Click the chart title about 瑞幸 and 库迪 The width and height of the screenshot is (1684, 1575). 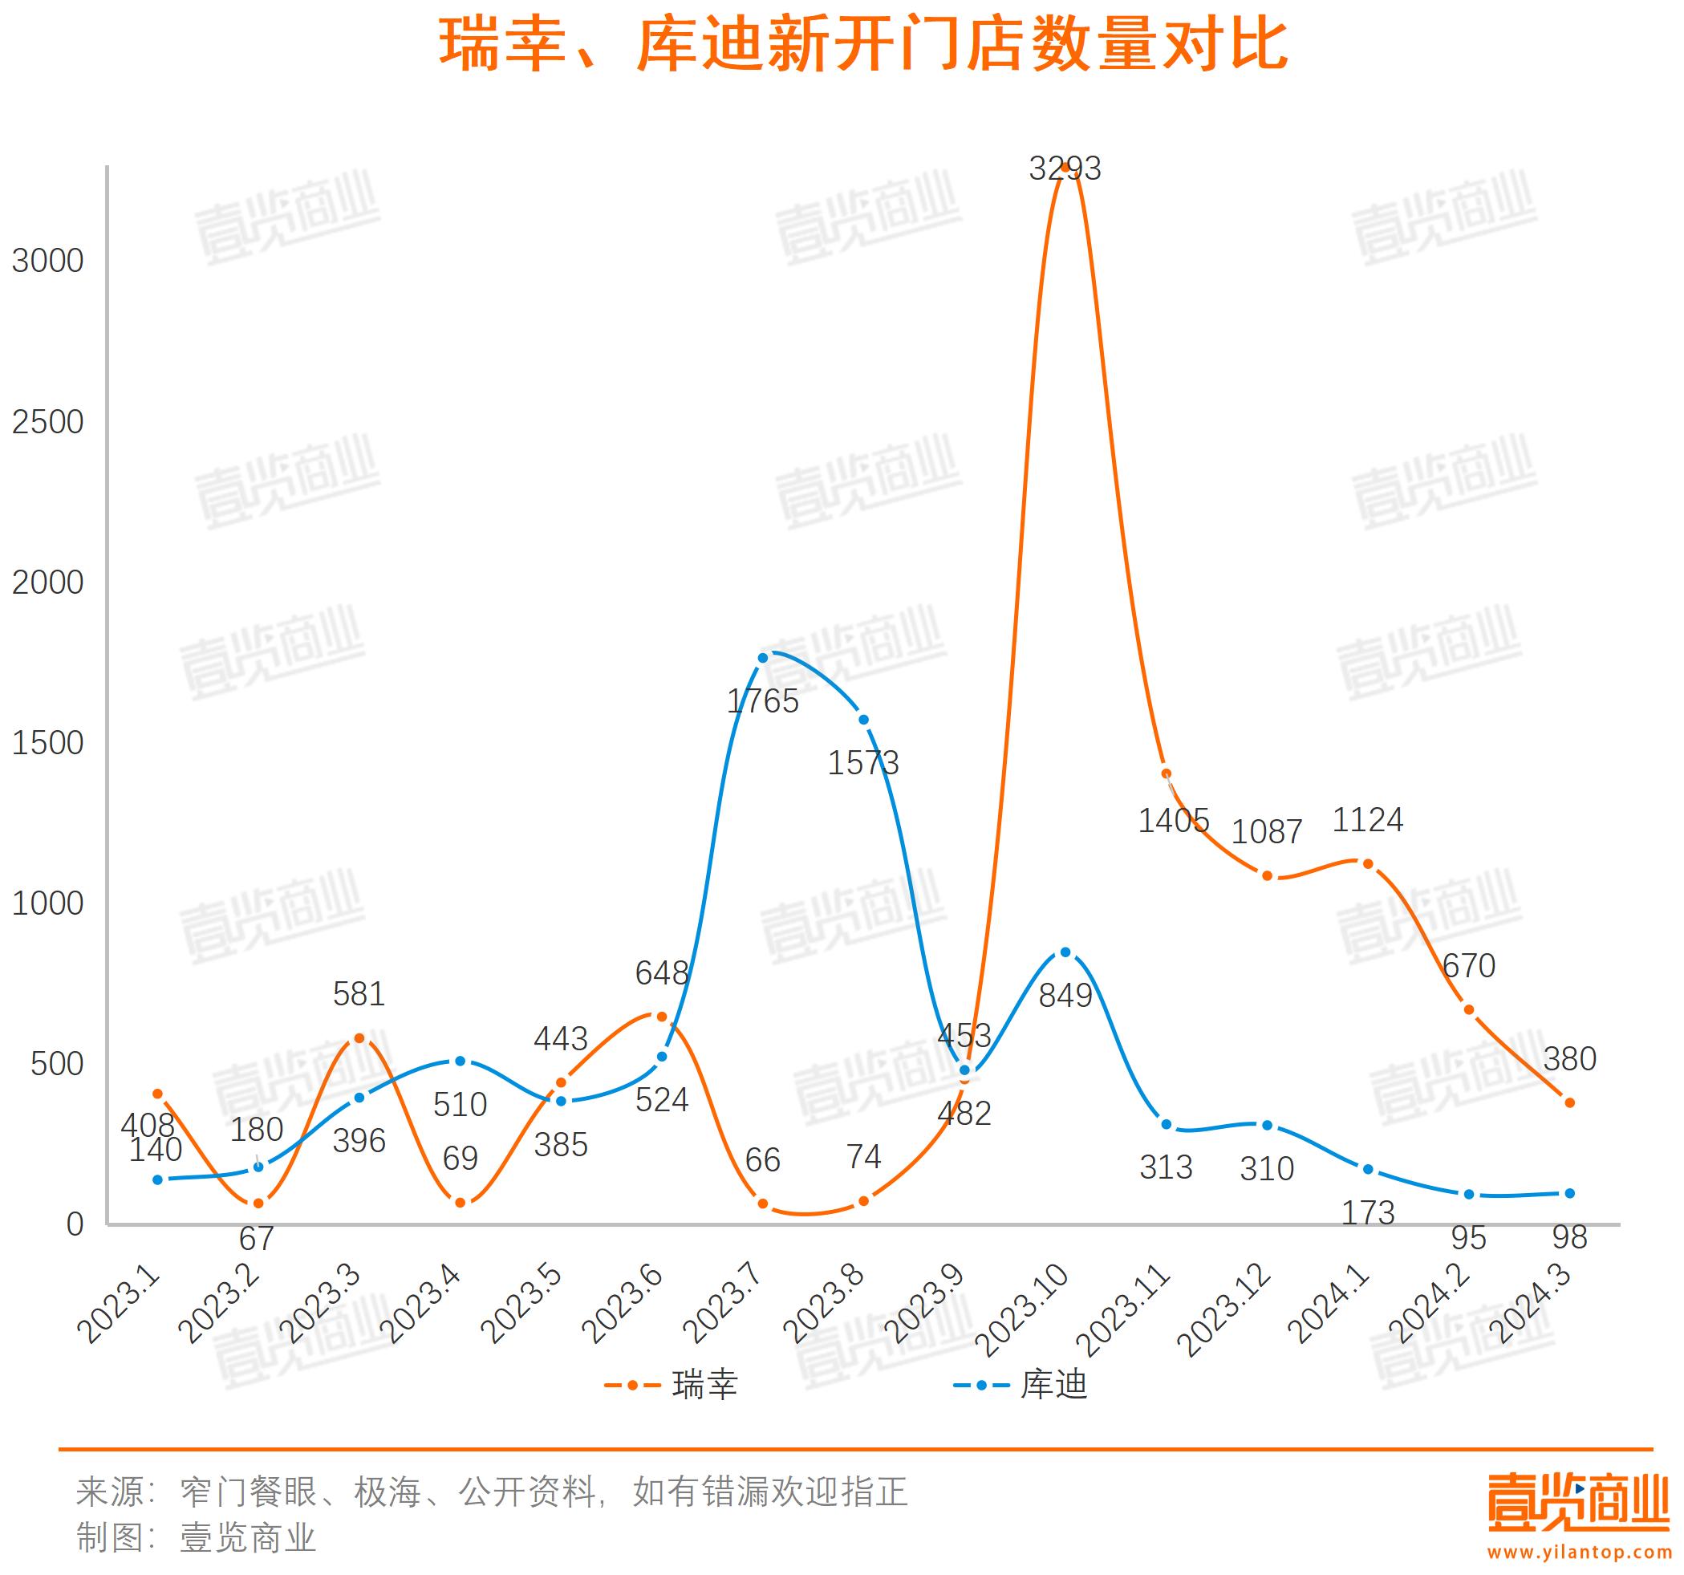click(862, 47)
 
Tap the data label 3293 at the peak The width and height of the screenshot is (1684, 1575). click(1065, 168)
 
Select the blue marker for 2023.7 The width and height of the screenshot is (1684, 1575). click(762, 657)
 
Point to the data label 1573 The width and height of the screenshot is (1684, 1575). click(863, 763)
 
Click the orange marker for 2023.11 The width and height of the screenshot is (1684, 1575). click(1167, 773)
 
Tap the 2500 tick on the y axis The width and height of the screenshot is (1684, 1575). click(47, 422)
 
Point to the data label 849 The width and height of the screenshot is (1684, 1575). click(1065, 996)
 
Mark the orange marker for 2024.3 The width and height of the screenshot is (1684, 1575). click(1569, 1103)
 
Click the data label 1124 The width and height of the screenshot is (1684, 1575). click(1368, 820)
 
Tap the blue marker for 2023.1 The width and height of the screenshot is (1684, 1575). click(157, 1179)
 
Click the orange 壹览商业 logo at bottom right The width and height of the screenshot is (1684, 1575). click(1578, 1503)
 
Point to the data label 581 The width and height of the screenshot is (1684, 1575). click(359, 994)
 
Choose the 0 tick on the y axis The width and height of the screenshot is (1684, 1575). click(75, 1224)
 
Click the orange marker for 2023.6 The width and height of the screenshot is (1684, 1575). click(662, 1016)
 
